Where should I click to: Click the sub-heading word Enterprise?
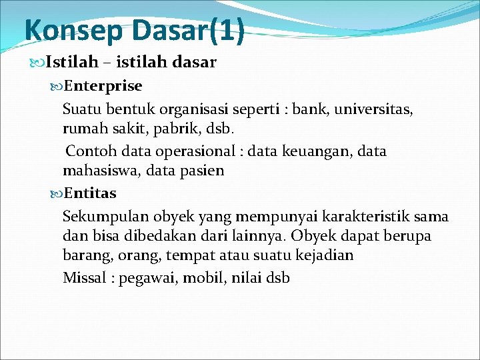[103, 86]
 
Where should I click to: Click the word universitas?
[376, 108]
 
